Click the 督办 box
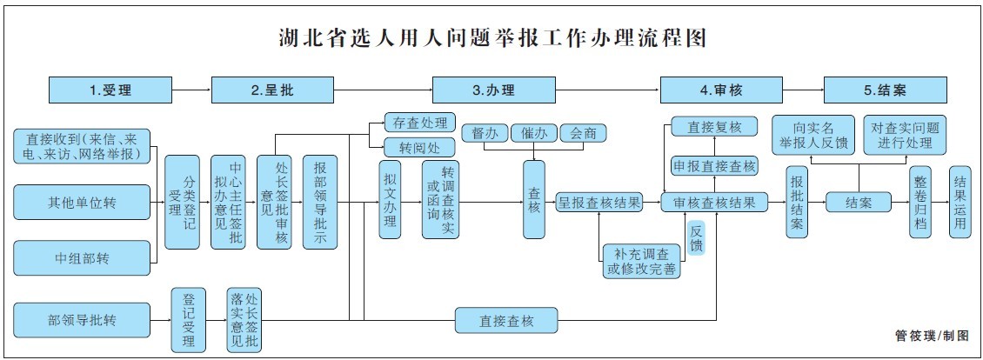point(484,133)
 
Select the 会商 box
point(583,133)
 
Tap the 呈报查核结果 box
point(599,203)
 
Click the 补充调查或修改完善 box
point(642,261)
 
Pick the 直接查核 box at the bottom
point(505,320)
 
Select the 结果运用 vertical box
point(960,202)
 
